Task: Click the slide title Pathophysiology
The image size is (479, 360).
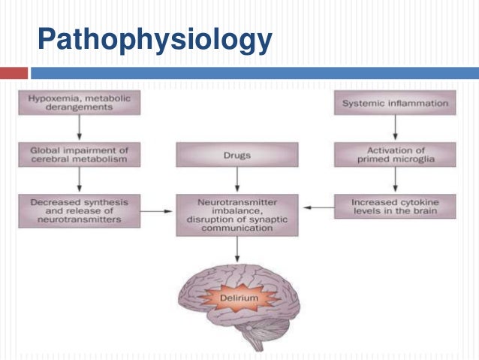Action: tap(153, 38)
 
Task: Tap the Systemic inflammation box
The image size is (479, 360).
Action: tap(395, 102)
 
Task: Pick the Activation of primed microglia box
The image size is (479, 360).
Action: tap(395, 155)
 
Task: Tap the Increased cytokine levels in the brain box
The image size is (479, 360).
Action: tap(395, 207)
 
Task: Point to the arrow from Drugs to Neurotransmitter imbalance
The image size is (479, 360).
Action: tap(237, 180)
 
